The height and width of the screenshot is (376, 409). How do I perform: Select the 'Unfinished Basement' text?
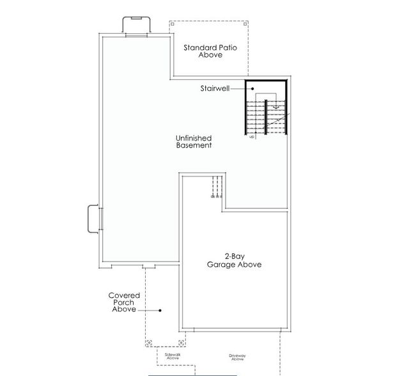(194, 142)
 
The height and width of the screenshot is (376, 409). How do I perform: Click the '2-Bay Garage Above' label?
(233, 260)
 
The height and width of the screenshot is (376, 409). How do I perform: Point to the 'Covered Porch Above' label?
(124, 302)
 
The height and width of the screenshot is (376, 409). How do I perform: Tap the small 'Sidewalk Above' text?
(173, 356)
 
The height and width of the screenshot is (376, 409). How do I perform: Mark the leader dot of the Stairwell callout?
(252, 90)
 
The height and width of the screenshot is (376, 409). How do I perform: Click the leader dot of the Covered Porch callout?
(160, 310)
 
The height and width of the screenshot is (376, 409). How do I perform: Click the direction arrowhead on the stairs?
(276, 107)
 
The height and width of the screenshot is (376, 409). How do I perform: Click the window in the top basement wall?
(136, 35)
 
